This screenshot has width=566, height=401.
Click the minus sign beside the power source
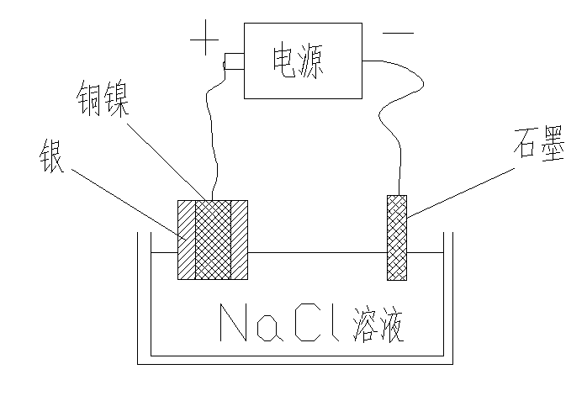point(398,34)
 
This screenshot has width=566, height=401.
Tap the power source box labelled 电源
point(298,60)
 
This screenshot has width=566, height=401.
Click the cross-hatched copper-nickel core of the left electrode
point(213,240)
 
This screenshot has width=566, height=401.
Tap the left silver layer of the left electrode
point(186,240)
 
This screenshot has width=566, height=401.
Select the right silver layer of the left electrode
point(240,240)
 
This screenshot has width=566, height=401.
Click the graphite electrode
point(396,237)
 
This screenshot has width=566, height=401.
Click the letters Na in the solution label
point(249,323)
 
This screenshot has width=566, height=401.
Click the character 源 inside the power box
point(312,60)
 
